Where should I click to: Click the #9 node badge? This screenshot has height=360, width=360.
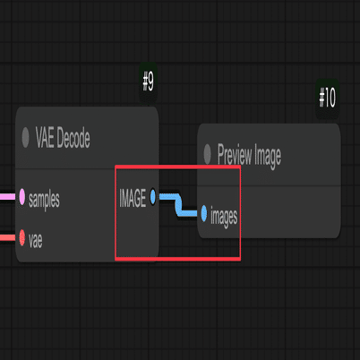click(148, 81)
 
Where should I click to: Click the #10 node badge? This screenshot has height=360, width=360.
click(328, 98)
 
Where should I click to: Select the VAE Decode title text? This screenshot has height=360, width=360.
click(63, 138)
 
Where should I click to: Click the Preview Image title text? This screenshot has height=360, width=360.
click(249, 156)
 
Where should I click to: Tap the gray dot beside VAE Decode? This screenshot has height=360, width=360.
click(25, 137)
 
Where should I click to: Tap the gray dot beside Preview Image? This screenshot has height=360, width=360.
click(207, 154)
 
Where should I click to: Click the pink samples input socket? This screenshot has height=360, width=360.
click(22, 197)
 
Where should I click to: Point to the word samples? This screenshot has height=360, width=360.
click(44, 200)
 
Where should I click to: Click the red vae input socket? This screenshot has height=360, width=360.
click(22, 237)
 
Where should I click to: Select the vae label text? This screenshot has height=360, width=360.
click(36, 241)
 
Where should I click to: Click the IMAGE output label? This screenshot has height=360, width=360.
click(133, 198)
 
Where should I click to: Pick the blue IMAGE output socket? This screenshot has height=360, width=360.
click(153, 197)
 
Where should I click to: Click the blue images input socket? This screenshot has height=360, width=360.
click(204, 213)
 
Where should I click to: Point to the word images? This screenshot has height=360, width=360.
click(224, 216)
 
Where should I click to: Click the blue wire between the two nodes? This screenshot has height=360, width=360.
click(178, 205)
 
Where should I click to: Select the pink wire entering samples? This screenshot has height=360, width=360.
click(7, 197)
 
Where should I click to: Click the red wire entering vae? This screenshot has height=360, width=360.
click(7, 237)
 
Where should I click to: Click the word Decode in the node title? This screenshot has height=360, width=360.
click(73, 138)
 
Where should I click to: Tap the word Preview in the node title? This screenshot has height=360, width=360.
click(235, 155)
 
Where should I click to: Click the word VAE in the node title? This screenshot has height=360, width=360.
click(45, 138)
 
